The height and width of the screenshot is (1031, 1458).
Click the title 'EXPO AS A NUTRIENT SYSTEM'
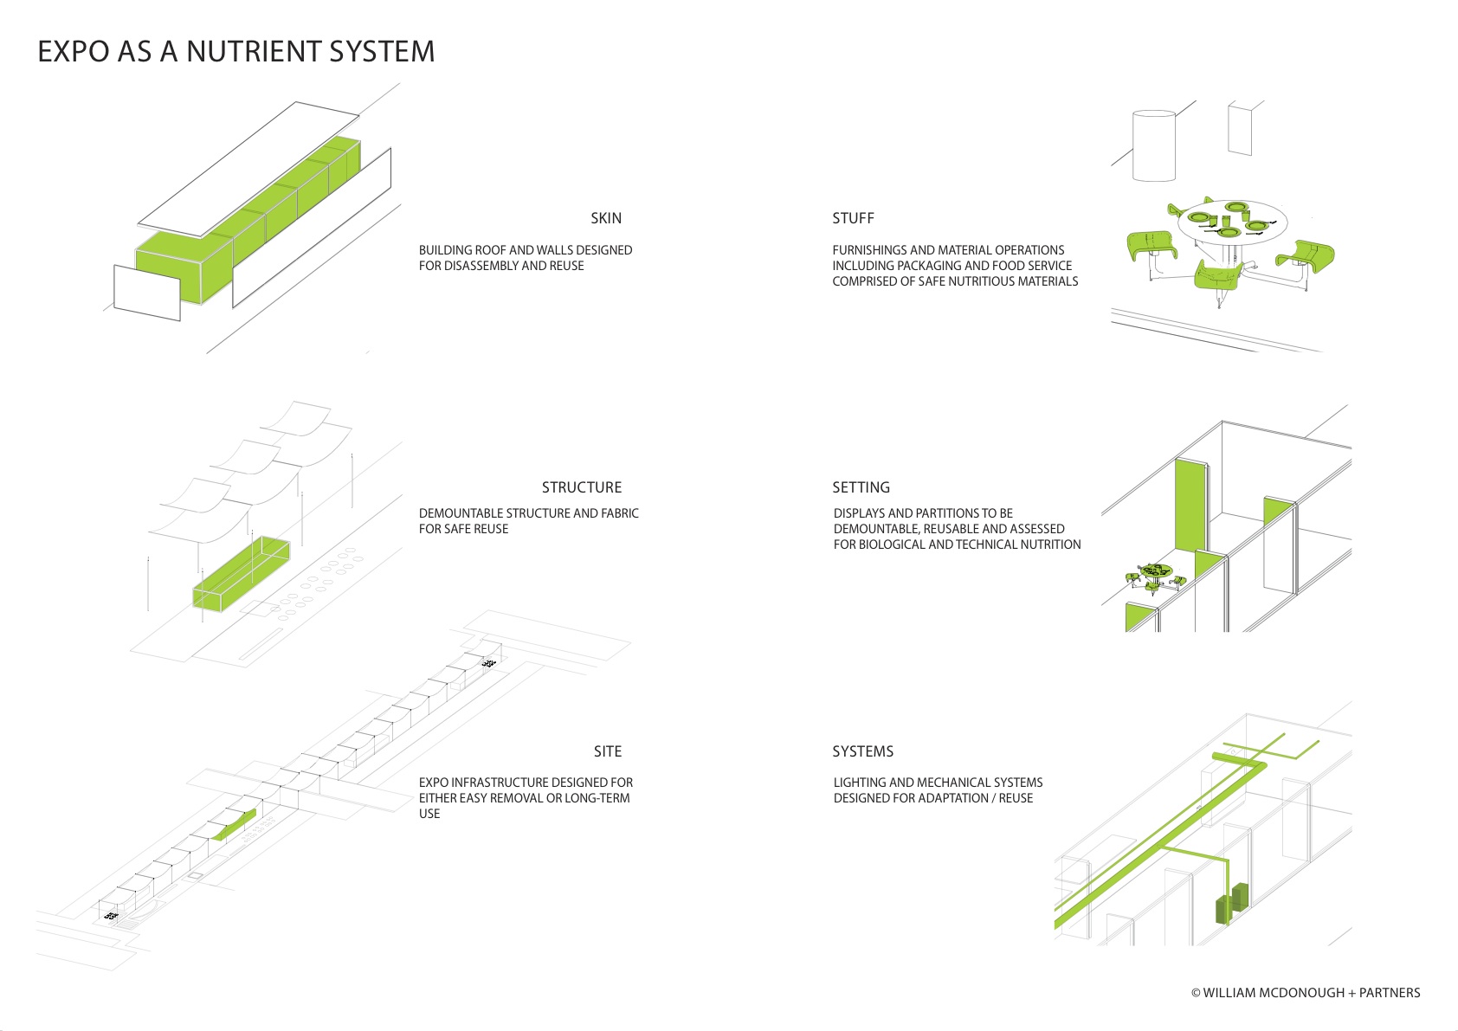point(235,52)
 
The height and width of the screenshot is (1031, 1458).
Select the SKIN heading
point(605,218)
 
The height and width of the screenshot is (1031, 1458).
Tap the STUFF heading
point(853,218)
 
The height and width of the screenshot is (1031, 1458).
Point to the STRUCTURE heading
point(581,487)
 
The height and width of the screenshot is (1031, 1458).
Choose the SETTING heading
point(861,487)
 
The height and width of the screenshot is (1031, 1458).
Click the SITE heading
point(607,751)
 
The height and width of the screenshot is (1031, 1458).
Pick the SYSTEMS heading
point(862,751)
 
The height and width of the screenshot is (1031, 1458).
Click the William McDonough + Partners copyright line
point(1305,993)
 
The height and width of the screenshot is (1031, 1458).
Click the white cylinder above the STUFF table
point(1153,145)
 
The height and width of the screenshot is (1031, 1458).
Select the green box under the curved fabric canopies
point(242,575)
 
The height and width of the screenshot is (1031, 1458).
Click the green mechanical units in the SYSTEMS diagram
point(1231,904)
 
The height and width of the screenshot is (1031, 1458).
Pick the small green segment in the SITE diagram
point(235,824)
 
